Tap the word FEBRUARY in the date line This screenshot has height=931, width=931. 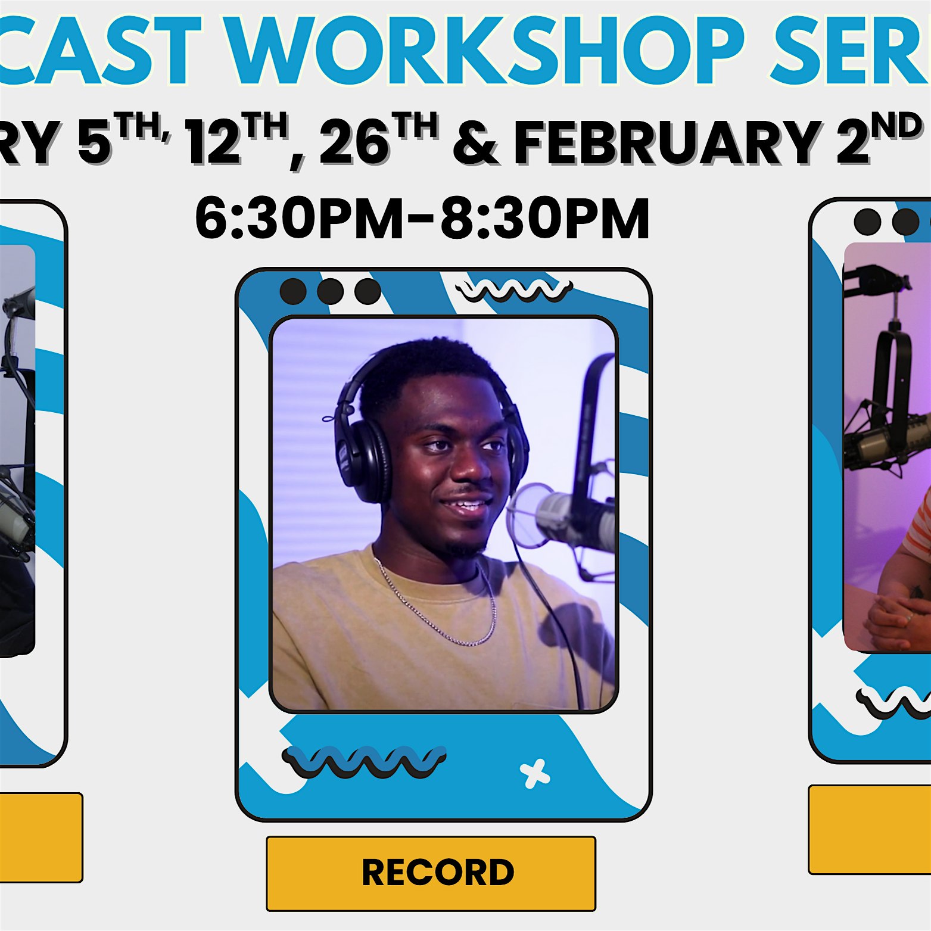pyautogui.click(x=665, y=144)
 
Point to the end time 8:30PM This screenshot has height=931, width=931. pyautogui.click(x=544, y=219)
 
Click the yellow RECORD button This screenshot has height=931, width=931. pyautogui.click(x=431, y=873)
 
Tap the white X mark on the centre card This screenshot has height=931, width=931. pyautogui.click(x=534, y=773)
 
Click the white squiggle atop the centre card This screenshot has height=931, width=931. pyautogui.click(x=513, y=289)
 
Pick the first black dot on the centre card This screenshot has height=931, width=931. pyautogui.click(x=293, y=292)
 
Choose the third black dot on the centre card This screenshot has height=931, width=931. pyautogui.click(x=368, y=292)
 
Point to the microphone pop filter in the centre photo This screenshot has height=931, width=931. pyautogui.click(x=524, y=515)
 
